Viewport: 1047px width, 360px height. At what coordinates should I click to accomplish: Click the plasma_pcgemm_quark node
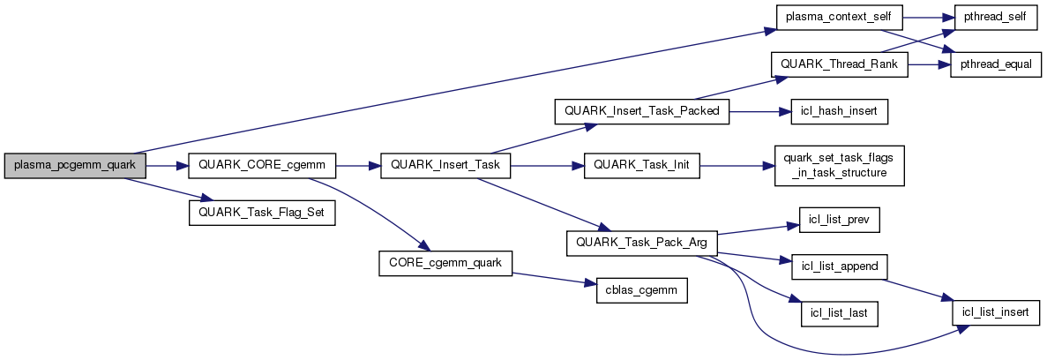(x=74, y=166)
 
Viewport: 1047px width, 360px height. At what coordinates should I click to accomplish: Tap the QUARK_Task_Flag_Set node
(x=262, y=214)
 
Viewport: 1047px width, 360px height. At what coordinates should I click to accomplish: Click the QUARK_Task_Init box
(x=641, y=166)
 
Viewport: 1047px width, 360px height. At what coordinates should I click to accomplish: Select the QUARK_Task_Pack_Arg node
(x=641, y=243)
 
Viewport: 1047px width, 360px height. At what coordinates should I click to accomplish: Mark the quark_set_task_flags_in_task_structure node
(x=839, y=166)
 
